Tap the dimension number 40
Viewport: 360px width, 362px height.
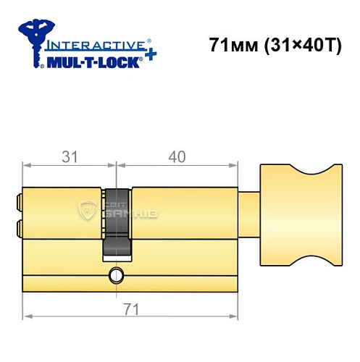click(177, 156)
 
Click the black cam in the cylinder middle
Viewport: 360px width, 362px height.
click(116, 221)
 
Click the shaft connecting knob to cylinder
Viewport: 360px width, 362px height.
click(248, 214)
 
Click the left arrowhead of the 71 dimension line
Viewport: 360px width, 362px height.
click(27, 316)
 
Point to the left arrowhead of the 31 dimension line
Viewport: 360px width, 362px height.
click(27, 165)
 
